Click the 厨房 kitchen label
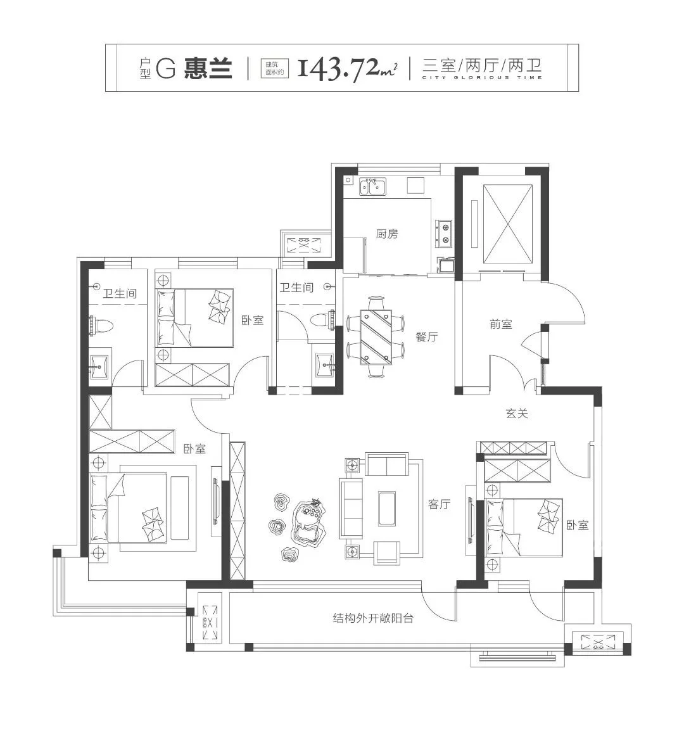point(387,234)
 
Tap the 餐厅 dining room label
point(427,336)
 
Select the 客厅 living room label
point(439,504)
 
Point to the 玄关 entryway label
point(517,413)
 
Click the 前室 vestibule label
point(501,324)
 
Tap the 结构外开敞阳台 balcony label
point(373,618)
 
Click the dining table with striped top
point(376,336)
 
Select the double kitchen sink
point(372,186)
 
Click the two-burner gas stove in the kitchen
point(443,233)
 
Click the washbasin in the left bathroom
point(99,365)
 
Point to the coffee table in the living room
point(387,508)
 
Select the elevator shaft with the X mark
point(508,224)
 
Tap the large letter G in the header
point(165,68)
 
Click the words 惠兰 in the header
point(208,68)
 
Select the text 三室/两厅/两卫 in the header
point(482,65)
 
